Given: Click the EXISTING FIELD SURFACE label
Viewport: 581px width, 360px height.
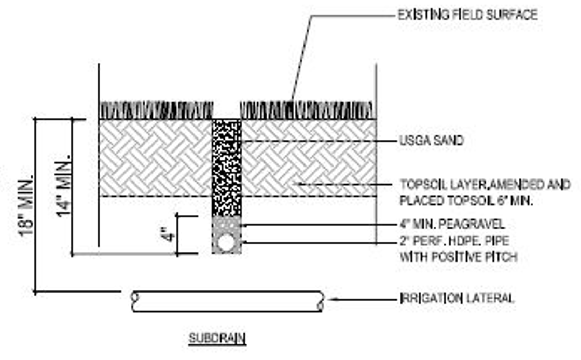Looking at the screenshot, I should (x=467, y=15).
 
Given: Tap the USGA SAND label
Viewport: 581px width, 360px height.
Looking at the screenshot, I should (x=431, y=141).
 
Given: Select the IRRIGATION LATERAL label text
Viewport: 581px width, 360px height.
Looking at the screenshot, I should (x=457, y=298).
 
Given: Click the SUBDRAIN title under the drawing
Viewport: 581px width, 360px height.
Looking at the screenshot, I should (x=217, y=339).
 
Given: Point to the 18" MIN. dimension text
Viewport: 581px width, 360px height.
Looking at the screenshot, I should (x=26, y=205).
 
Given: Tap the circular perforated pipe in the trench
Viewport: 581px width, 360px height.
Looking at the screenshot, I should (x=226, y=242).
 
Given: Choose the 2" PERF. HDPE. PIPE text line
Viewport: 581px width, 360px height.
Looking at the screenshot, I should (x=454, y=241).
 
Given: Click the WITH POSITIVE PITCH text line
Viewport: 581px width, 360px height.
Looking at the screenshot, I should (x=459, y=257).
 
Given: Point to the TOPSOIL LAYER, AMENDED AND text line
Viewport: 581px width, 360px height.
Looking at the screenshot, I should (x=485, y=185).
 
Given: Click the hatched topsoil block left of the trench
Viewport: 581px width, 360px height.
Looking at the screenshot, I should (x=156, y=158).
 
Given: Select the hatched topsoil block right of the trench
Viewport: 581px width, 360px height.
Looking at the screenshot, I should (x=309, y=158).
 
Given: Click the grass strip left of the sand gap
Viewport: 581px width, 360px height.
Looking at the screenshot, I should (x=156, y=110).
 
